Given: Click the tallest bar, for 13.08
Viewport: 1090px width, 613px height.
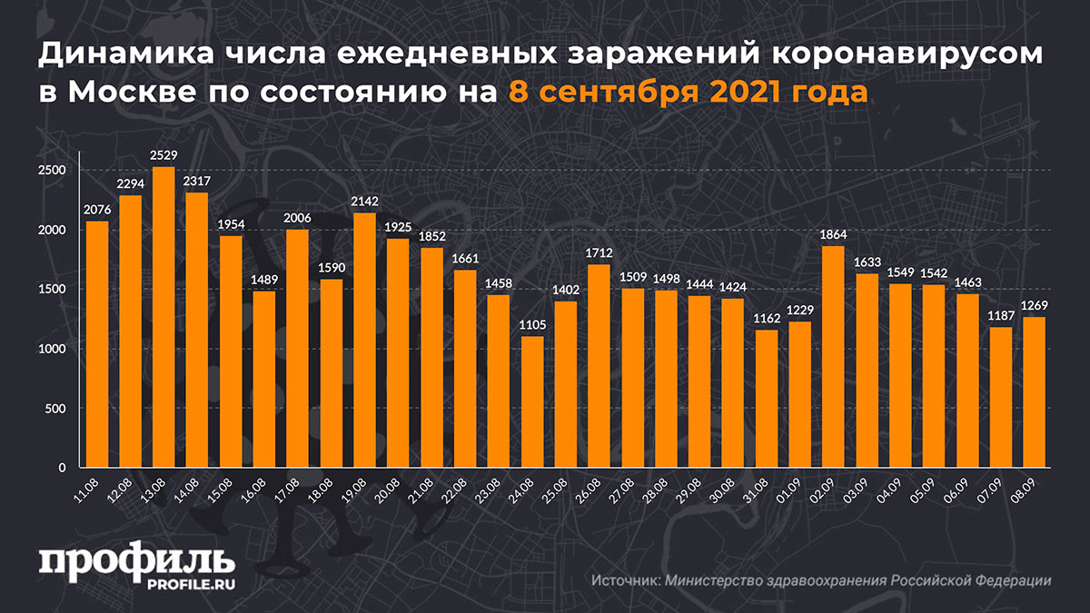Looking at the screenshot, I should [x=163, y=318].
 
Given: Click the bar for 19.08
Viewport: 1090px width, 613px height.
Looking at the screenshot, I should [x=364, y=341].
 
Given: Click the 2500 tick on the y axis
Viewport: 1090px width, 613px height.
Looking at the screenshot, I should [x=53, y=171].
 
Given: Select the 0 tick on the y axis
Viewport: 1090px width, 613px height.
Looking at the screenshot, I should [x=63, y=468].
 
